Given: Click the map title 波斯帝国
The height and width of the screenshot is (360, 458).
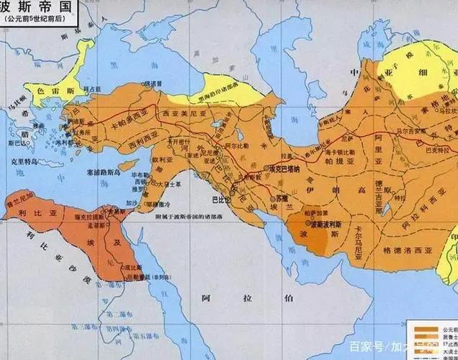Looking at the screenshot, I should point(32,6).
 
